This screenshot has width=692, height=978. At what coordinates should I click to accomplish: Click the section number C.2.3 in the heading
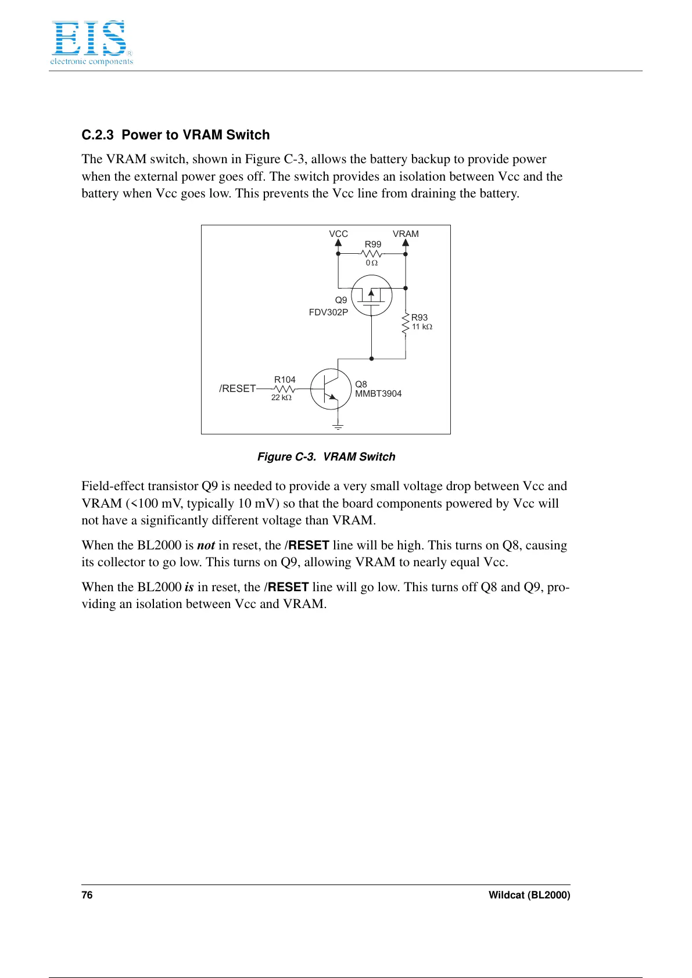coord(97,135)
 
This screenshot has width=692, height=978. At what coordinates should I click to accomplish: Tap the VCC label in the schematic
coord(338,234)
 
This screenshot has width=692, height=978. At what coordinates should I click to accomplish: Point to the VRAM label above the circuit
coord(406,234)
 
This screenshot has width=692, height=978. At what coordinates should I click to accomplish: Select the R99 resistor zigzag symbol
coord(372,254)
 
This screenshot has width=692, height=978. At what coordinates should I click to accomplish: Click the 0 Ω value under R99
coord(372,263)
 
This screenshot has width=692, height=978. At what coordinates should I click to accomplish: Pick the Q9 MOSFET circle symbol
coord(372,296)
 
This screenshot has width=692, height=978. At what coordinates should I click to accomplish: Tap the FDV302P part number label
coord(328,312)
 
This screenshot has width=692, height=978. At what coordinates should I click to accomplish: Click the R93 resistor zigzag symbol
coord(406,324)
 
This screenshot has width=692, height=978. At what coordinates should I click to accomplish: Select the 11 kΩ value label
coord(422,327)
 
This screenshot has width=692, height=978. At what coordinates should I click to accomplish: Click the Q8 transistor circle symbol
coord(331,389)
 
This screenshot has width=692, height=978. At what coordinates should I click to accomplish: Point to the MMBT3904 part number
coord(378,394)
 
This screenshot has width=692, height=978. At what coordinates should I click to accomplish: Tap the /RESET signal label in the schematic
coord(237,389)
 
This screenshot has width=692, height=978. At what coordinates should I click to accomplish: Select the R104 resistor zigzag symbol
coord(284,389)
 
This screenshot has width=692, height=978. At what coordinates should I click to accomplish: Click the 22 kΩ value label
coord(281,398)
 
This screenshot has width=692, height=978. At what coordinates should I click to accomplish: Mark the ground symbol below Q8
coord(338,427)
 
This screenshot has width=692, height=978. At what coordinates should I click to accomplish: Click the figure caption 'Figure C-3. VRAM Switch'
coord(326,457)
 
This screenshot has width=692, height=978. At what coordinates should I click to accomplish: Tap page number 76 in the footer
coord(87,895)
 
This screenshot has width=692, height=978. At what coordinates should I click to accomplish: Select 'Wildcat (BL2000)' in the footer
coord(529,895)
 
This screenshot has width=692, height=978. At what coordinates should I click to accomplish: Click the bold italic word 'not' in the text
coord(206,545)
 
